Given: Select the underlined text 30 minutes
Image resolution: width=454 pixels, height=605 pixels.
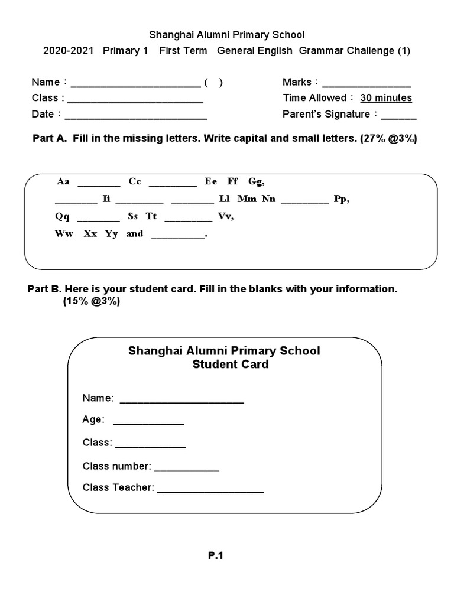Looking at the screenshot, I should (386, 98).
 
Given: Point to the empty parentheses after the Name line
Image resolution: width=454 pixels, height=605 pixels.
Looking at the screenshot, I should (213, 83).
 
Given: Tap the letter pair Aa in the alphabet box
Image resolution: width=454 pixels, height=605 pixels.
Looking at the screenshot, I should (63, 181).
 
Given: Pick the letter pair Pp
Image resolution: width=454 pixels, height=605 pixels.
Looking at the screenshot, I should (342, 199).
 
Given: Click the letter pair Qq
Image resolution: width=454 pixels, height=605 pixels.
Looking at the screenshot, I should (62, 217).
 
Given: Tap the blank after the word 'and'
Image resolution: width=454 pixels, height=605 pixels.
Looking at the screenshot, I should (178, 237).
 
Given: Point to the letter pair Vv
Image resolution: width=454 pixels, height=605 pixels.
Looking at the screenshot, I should (226, 217).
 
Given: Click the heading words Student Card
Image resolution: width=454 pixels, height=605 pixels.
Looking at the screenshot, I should (230, 365).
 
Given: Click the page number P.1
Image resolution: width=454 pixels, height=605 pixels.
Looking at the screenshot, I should (215, 555).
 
